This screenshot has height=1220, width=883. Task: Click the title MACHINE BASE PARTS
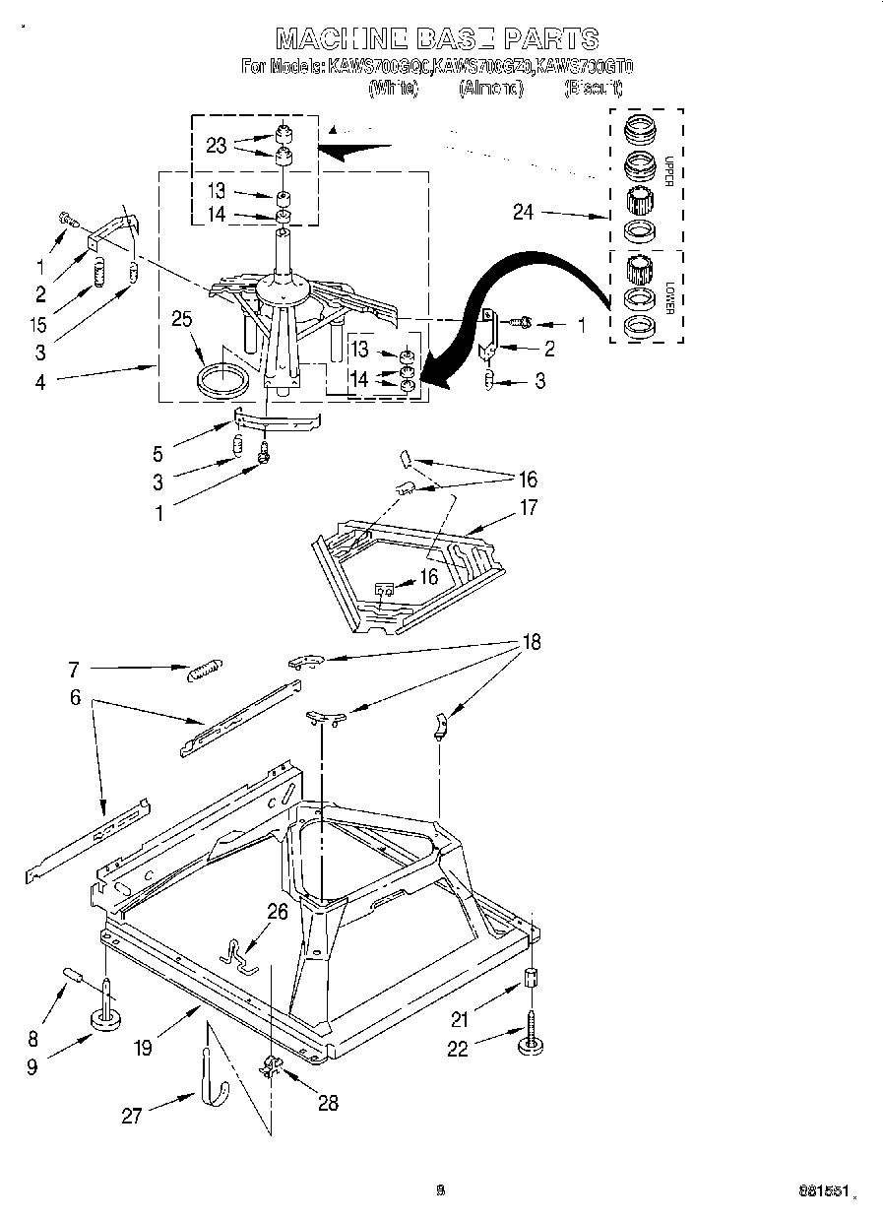[x=437, y=38]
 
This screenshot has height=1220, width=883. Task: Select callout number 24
[x=523, y=212]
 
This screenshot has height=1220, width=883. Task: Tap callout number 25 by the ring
[x=181, y=319]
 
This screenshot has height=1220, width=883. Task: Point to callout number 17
[x=529, y=508]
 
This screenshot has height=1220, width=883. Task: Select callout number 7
[x=73, y=670]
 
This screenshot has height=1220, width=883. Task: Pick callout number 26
[x=278, y=912]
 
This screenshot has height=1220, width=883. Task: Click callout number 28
[x=327, y=1103]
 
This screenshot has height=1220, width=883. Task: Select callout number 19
[x=144, y=1048]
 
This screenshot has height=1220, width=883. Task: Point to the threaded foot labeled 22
[x=532, y=1039]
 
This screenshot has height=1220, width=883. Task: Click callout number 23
[x=217, y=146]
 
